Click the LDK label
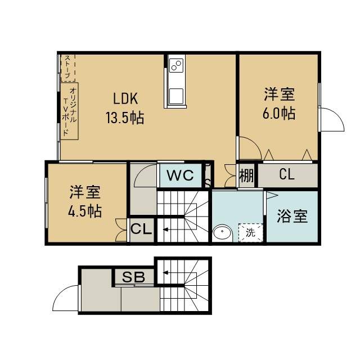point(125,98)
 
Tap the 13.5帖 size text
point(125,118)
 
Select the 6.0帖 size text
point(279,113)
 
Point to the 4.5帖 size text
point(85,211)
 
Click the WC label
point(180,175)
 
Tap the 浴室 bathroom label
point(292,216)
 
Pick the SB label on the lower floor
point(133,277)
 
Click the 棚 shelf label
point(246,175)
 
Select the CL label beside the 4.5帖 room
point(141,229)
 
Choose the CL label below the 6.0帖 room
point(287,174)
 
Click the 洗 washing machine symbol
point(251,232)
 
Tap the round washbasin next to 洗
point(222,233)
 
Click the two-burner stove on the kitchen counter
point(176,65)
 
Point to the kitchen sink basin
point(176,96)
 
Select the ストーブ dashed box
point(67,67)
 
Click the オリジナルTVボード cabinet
point(69,111)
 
